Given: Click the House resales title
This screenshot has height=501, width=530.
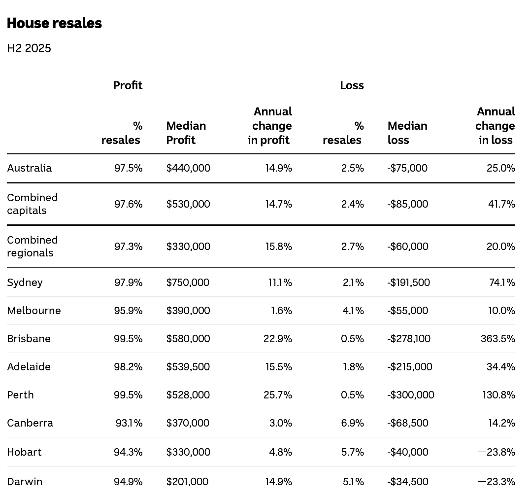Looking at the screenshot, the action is tap(54, 23).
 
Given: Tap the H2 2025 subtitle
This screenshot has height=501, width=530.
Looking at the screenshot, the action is tap(29, 48).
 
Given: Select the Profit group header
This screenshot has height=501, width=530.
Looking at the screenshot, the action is tap(128, 85).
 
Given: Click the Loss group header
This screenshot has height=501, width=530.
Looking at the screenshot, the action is tap(352, 85).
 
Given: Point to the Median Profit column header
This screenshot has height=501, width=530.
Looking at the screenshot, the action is tap(186, 133).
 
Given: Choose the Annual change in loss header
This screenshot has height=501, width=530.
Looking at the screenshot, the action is tap(495, 126).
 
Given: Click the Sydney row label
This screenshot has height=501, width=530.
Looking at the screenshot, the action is tap(25, 283).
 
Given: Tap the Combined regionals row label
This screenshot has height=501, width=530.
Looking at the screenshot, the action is tap(33, 246).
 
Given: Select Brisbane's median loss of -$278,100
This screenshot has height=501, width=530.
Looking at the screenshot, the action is tap(409, 339).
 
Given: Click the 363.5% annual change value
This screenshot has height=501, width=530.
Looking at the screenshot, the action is tap(498, 339).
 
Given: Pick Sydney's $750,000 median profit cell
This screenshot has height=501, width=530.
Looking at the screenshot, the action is tap(188, 283).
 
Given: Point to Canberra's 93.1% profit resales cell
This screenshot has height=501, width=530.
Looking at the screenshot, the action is tap(129, 423).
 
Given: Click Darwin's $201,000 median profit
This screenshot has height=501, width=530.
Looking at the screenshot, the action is tap(187, 481).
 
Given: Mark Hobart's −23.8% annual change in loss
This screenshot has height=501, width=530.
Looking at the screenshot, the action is tap(497, 452).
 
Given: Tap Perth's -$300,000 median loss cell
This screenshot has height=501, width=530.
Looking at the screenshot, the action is tap(411, 395).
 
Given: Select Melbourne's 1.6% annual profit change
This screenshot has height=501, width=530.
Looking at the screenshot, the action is tap(281, 311).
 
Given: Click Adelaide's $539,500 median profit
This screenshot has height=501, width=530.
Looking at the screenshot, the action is tap(188, 367).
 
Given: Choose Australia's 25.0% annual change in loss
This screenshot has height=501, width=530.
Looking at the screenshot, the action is tap(501, 168).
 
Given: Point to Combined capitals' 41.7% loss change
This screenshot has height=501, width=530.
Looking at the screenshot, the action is tap(501, 204).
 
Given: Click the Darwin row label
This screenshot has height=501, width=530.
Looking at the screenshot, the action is tap(25, 481).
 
